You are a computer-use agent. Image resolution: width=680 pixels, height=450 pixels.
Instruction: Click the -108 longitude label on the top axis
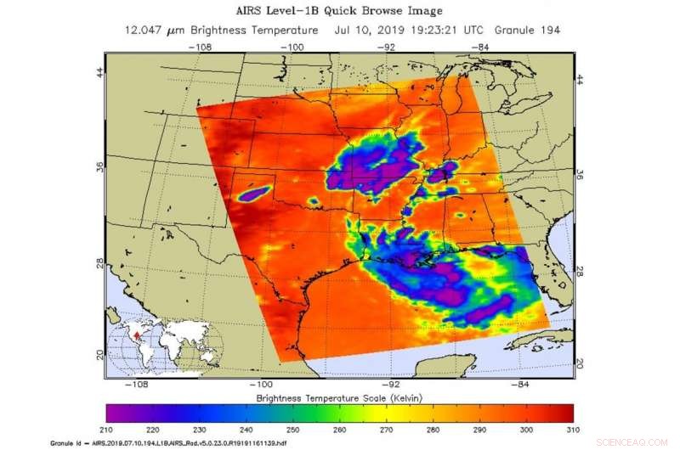tap(201, 47)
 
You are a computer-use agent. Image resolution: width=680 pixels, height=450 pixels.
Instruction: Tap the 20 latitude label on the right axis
tap(581, 362)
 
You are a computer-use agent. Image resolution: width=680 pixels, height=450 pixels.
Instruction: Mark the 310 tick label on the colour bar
tap(573, 431)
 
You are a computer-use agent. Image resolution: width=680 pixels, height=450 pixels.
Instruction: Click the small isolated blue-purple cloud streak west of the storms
tap(253, 195)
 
